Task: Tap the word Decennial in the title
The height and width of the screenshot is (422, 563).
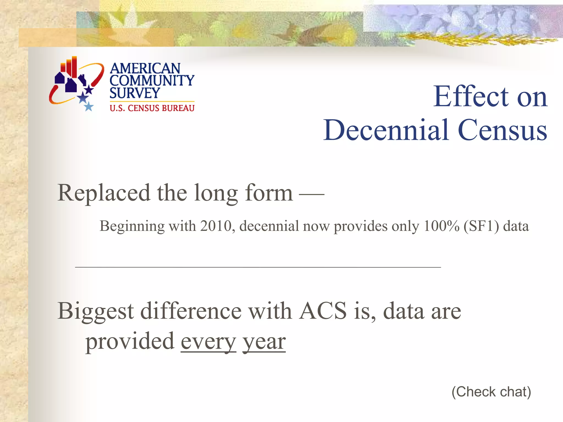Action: pyautogui.click(x=386, y=130)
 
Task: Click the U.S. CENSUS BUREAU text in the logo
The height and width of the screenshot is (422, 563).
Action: pyautogui.click(x=152, y=108)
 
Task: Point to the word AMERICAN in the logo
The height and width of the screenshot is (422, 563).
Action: pyautogui.click(x=145, y=68)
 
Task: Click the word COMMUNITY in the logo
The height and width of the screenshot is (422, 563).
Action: pyautogui.click(x=152, y=80)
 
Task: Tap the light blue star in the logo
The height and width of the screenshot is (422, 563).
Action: pyautogui.click(x=89, y=106)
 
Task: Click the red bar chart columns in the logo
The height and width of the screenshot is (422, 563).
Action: pyautogui.click(x=70, y=66)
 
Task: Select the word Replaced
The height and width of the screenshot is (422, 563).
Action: pyautogui.click(x=104, y=193)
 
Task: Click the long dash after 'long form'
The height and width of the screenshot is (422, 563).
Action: pyautogui.click(x=311, y=194)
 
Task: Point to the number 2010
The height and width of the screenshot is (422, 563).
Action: pyautogui.click(x=216, y=226)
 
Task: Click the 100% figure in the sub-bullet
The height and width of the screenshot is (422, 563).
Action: pyautogui.click(x=441, y=226)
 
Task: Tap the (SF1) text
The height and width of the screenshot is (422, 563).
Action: pyautogui.click(x=481, y=226)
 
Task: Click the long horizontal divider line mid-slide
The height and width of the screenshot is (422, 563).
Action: pyautogui.click(x=258, y=267)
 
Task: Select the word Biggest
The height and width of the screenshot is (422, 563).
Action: pyautogui.click(x=96, y=312)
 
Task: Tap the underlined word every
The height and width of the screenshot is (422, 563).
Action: pyautogui.click(x=208, y=342)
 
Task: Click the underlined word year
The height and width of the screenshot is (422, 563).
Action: pyautogui.click(x=264, y=342)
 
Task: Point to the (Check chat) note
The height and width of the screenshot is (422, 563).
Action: pyautogui.click(x=491, y=392)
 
